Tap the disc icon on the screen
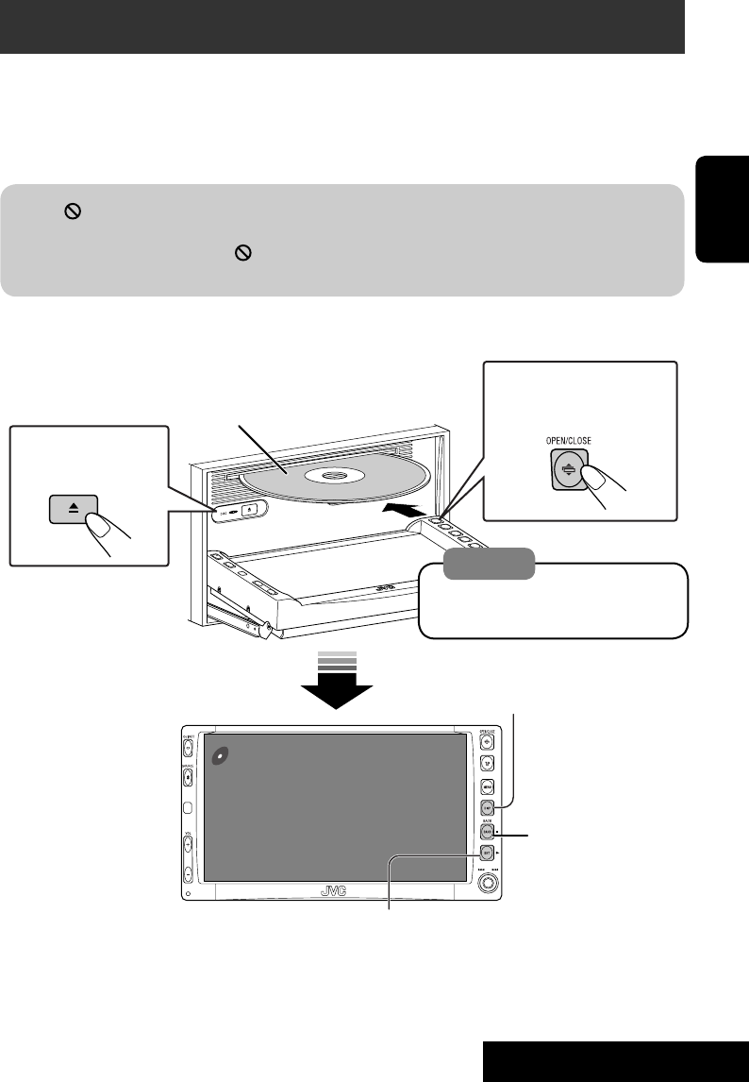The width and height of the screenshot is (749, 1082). click(218, 755)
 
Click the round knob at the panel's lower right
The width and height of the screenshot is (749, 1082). click(488, 884)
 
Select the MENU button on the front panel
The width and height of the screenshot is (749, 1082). click(488, 786)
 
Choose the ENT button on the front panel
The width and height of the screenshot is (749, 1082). click(488, 857)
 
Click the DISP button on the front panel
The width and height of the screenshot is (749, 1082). click(488, 808)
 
